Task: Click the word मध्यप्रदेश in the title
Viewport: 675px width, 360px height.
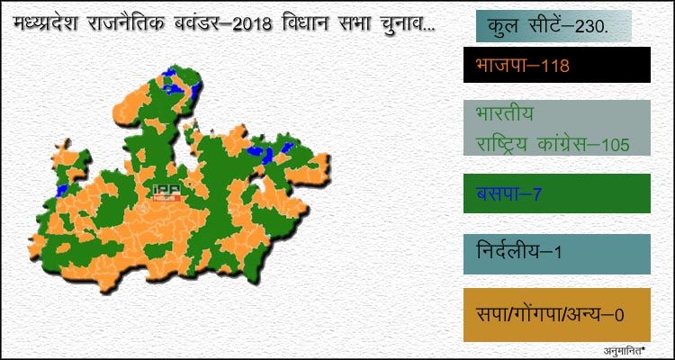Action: tap(46, 22)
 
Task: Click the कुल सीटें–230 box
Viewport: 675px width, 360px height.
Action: tap(553, 26)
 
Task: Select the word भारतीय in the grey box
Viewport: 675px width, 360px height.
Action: tap(505, 114)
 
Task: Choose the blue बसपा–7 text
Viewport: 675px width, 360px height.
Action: tap(508, 193)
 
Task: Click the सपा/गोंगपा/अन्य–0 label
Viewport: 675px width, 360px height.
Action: tap(550, 315)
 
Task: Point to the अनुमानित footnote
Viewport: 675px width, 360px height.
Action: tap(625, 349)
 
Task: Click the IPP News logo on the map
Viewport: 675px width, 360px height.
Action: tap(167, 193)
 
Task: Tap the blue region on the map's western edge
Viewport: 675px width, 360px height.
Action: tap(62, 190)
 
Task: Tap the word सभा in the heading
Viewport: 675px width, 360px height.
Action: tap(349, 23)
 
